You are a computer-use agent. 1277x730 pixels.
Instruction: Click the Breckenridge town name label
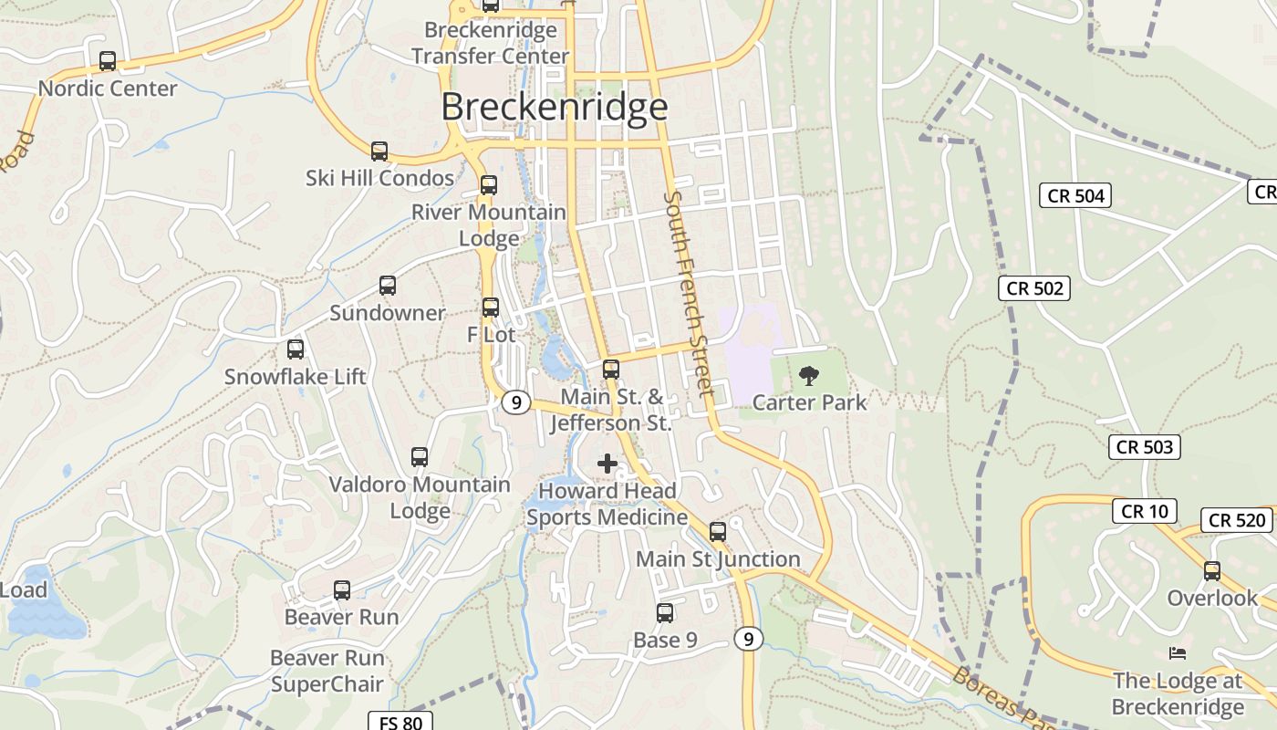555,107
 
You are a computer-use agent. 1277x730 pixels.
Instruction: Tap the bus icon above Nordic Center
108,61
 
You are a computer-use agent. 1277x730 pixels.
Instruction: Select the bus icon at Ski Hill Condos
379,151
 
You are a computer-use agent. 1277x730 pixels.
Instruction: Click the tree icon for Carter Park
808,375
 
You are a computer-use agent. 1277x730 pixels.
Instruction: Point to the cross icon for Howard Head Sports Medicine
607,464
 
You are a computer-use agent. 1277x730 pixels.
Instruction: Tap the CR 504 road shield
1076,195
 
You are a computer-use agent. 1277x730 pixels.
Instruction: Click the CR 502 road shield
1033,288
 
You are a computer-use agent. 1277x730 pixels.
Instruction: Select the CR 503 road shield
1145,446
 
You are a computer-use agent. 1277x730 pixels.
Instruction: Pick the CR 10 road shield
1144,511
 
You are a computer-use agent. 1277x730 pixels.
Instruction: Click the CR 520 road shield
1237,520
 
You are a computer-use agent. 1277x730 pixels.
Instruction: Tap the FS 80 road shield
400,723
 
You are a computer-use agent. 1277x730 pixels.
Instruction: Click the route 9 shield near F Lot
516,401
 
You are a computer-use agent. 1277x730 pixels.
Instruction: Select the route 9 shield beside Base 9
748,639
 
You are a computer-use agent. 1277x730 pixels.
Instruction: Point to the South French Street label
690,294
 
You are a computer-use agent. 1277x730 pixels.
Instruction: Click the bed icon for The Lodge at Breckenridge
1177,653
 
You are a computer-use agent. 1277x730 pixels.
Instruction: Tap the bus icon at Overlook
1212,571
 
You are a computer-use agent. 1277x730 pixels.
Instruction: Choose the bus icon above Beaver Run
342,590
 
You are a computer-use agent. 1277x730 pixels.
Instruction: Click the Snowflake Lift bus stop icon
296,349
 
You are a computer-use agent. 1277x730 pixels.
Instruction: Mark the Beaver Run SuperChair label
327,671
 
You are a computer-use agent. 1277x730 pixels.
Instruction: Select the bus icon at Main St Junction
718,532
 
